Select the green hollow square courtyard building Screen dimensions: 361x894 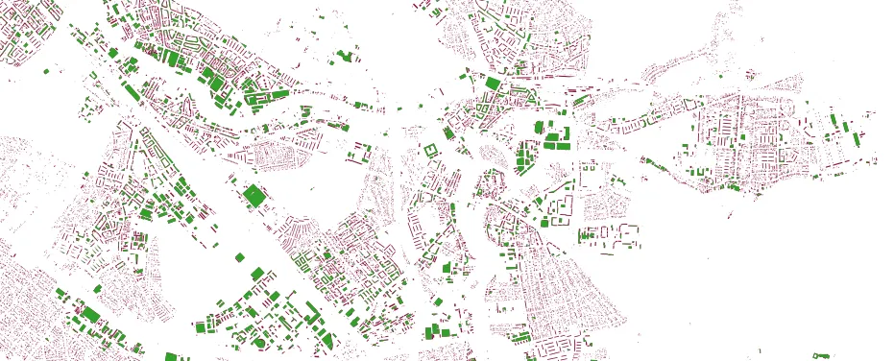pos(429,151)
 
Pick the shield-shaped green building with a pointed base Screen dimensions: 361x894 pos(329,338)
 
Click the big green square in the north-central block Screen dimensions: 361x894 pos(493,84)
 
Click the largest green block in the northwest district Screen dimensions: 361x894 pos(175,59)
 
